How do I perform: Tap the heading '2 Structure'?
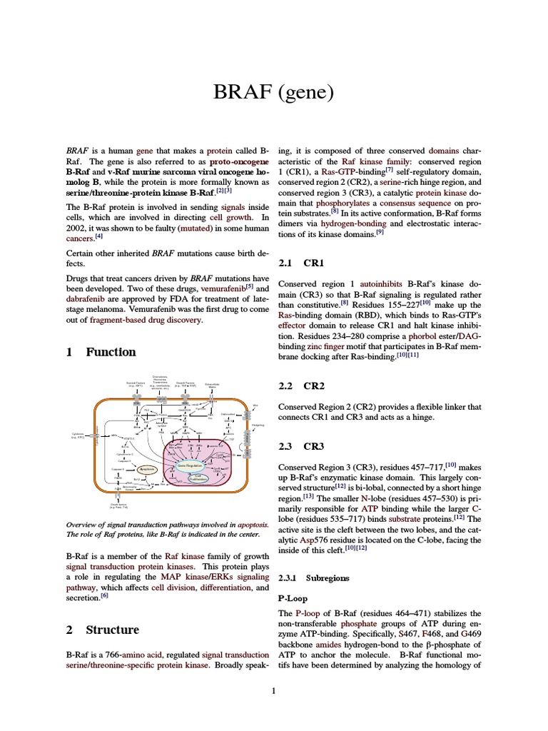tap(102, 630)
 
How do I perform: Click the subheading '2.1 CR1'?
tap(300, 263)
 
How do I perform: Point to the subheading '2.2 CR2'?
tap(300, 386)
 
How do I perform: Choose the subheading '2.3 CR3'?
tap(300, 447)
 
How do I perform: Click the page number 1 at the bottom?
tap(274, 690)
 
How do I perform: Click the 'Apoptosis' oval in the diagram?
tap(148, 469)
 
